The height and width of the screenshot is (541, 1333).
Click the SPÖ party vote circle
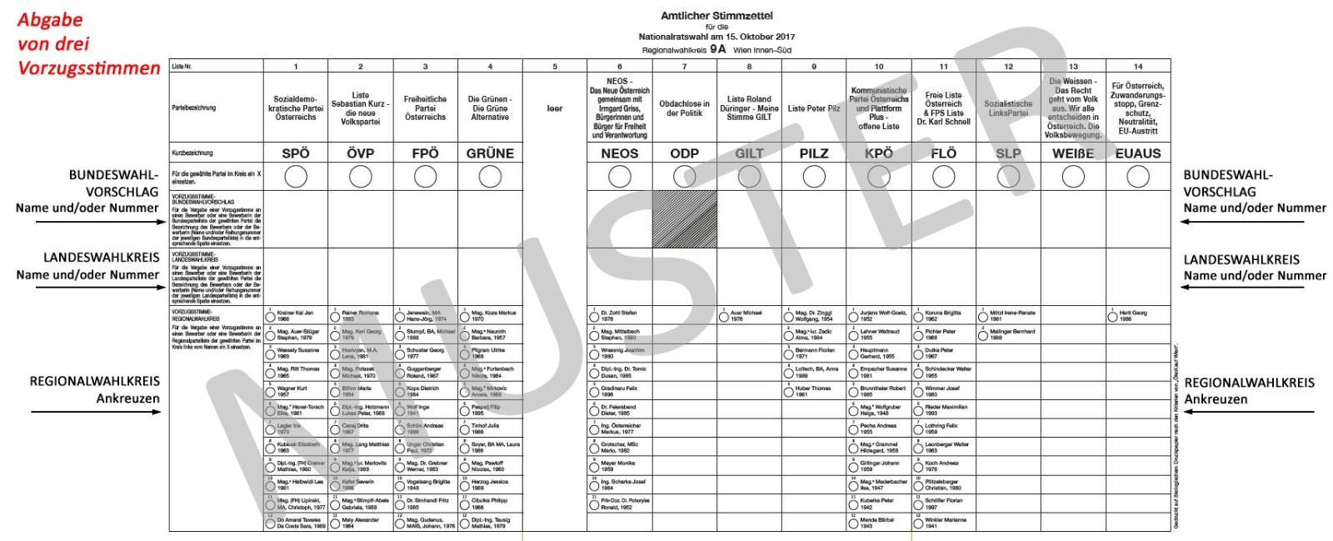point(296,177)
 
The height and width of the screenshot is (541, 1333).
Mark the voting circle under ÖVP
point(361,177)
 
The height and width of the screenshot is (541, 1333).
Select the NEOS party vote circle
point(620,177)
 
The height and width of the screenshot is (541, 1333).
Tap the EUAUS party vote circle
point(1138,177)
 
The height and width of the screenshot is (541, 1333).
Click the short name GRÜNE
point(490,153)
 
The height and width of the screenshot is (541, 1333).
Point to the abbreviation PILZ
point(814,153)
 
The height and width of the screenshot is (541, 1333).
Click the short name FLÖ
point(944,153)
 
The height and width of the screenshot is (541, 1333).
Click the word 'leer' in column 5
point(555,108)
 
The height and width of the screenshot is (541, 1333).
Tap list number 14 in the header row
point(1138,67)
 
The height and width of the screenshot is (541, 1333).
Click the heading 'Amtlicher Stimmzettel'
point(716,16)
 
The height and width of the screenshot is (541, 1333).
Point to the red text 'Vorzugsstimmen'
point(89,68)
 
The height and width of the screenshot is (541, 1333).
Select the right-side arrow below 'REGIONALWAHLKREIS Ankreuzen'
point(1246,412)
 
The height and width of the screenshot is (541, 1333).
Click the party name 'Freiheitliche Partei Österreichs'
point(425,108)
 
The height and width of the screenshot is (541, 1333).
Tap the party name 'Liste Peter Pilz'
point(814,108)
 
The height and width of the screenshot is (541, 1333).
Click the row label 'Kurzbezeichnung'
point(192,153)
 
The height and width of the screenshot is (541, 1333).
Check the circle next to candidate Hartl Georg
point(1113,317)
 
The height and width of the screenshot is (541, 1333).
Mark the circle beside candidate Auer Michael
point(724,317)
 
